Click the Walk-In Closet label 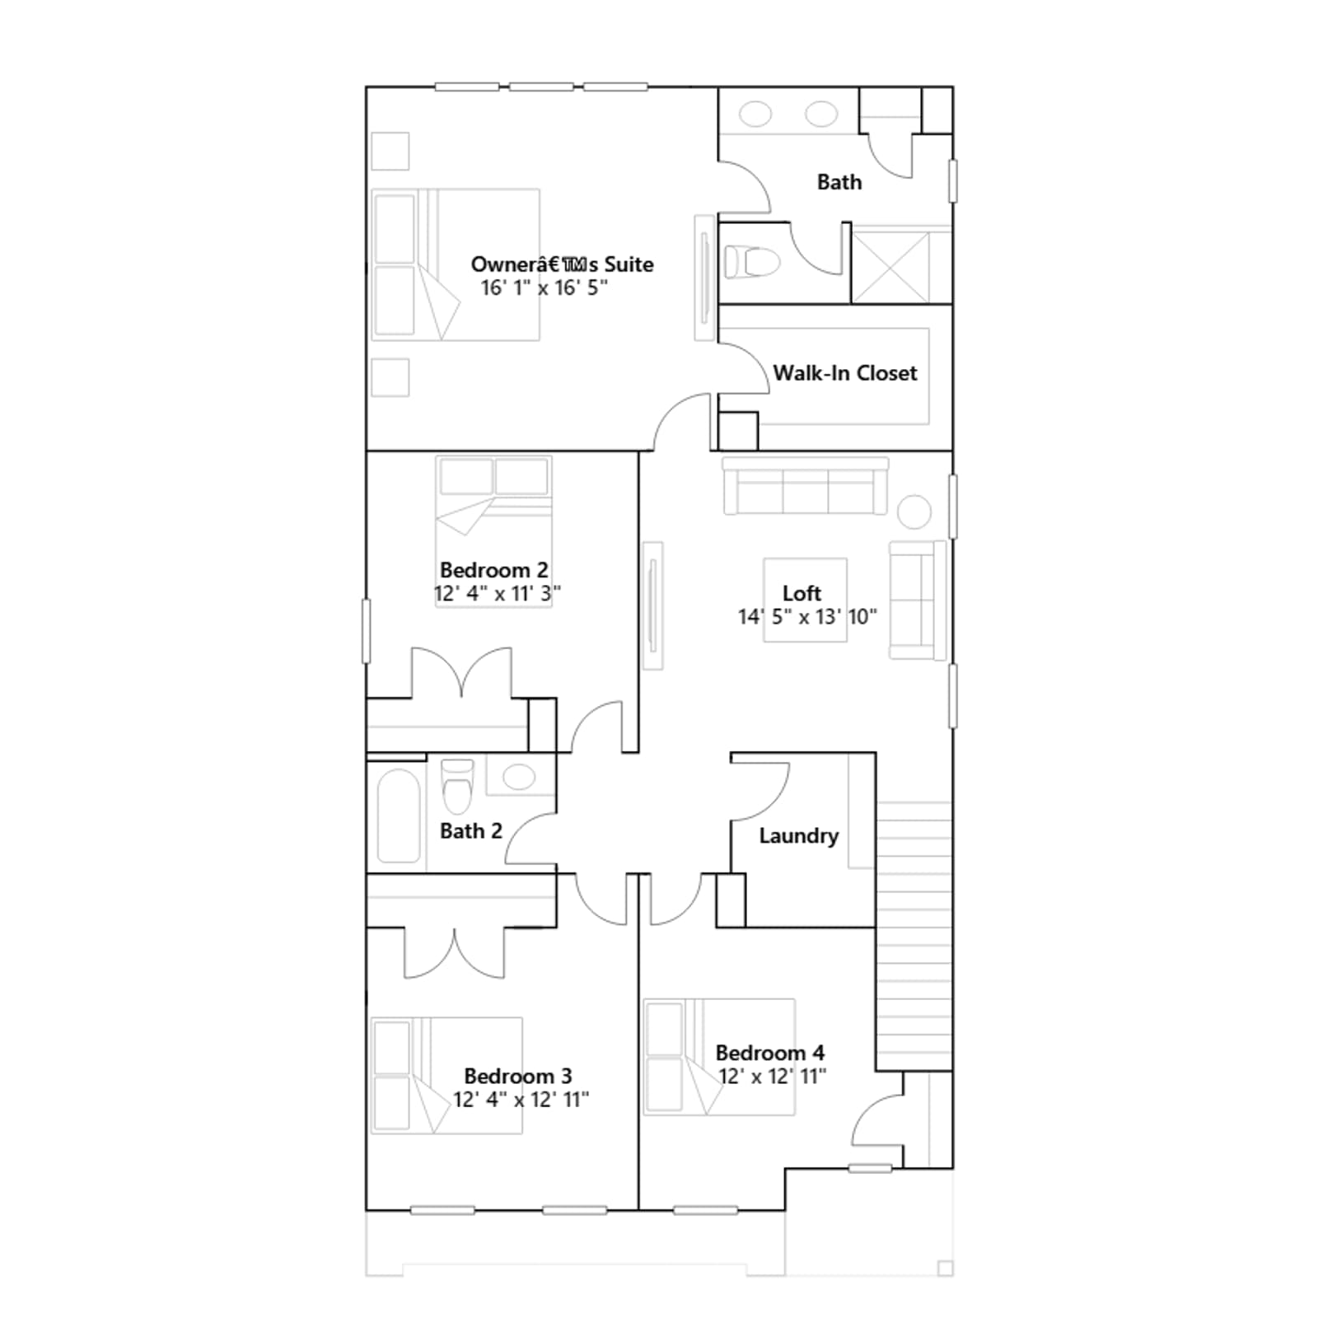pyautogui.click(x=844, y=373)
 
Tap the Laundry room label pyautogui.click(x=798, y=836)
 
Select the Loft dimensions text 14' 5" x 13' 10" pyautogui.click(x=807, y=617)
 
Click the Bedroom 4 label pyautogui.click(x=769, y=1053)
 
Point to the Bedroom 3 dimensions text pyautogui.click(x=521, y=1100)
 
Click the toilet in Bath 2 pyautogui.click(x=458, y=785)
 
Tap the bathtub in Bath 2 pyautogui.click(x=399, y=816)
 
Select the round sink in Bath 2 pyautogui.click(x=519, y=776)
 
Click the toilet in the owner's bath pyautogui.click(x=751, y=262)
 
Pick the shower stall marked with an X pyautogui.click(x=890, y=267)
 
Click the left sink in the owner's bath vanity pyautogui.click(x=755, y=114)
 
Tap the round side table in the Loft pyautogui.click(x=914, y=512)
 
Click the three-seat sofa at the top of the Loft pyautogui.click(x=806, y=486)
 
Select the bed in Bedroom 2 pyautogui.click(x=493, y=531)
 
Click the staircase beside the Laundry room pyautogui.click(x=914, y=936)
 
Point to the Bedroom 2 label pyautogui.click(x=493, y=570)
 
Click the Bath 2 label pyautogui.click(x=470, y=830)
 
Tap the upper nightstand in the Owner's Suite pyautogui.click(x=390, y=151)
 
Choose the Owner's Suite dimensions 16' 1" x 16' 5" pyautogui.click(x=544, y=287)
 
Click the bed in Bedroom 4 pyautogui.click(x=718, y=1057)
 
